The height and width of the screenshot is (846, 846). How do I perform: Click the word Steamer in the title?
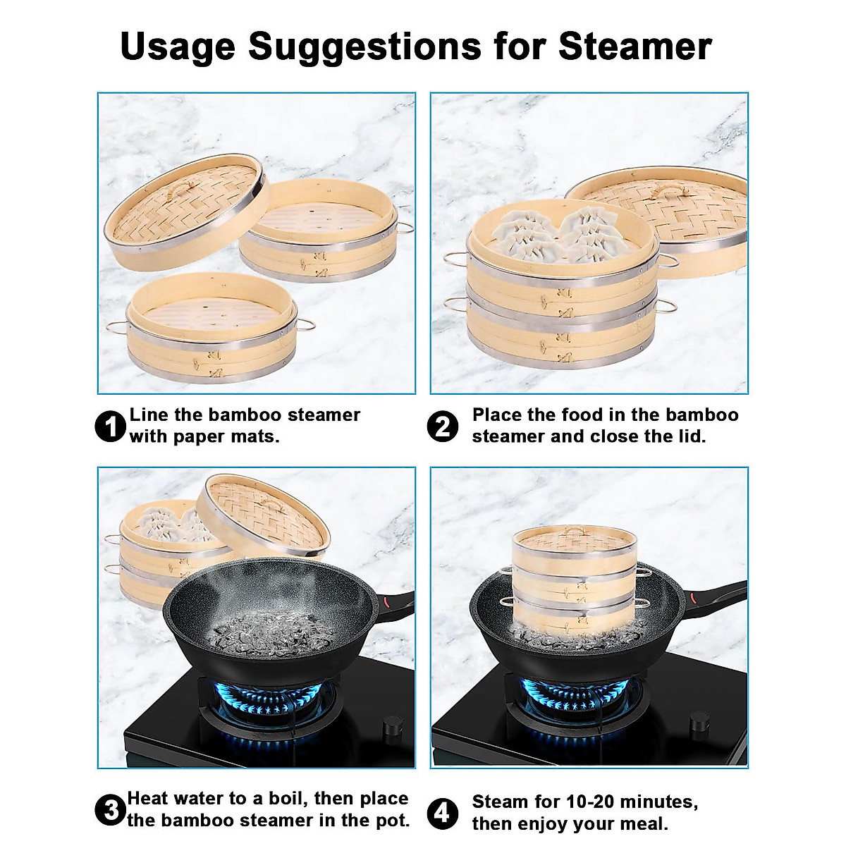click(x=634, y=46)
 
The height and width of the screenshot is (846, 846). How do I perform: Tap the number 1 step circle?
click(x=110, y=427)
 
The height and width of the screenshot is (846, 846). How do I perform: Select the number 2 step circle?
click(x=443, y=427)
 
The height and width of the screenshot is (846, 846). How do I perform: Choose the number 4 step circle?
click(x=443, y=814)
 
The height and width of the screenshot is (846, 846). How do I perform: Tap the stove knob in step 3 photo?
click(x=391, y=726)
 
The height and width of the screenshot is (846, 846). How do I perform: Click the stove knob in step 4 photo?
click(x=699, y=721)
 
